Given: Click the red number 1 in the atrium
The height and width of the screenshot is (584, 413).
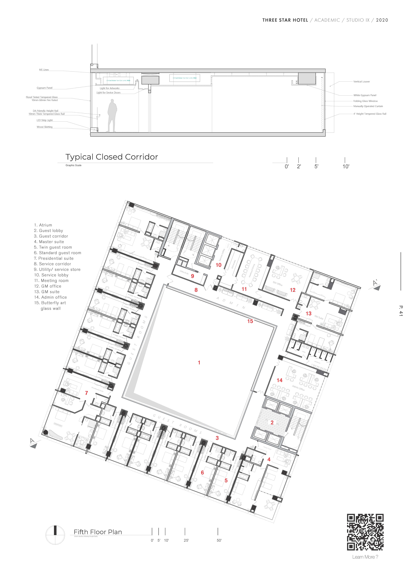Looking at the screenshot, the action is click(x=199, y=362).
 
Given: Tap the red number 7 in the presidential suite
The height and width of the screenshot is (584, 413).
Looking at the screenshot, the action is click(x=86, y=393).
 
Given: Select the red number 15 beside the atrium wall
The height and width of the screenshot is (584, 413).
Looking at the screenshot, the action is click(x=250, y=321).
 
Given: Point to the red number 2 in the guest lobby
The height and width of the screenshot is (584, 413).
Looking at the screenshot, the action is click(x=272, y=423).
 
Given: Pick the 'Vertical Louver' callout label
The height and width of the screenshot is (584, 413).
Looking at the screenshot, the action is click(x=361, y=82).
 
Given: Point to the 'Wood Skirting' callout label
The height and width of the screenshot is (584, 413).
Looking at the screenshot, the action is click(x=45, y=127).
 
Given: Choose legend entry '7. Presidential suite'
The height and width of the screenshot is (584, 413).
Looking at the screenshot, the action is click(x=54, y=258).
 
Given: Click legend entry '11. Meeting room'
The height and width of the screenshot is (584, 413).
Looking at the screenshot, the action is click(x=51, y=281).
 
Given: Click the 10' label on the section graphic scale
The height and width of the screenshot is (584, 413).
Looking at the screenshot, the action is click(x=346, y=167).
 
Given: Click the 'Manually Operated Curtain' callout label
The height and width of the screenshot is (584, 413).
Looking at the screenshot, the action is click(x=368, y=106).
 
